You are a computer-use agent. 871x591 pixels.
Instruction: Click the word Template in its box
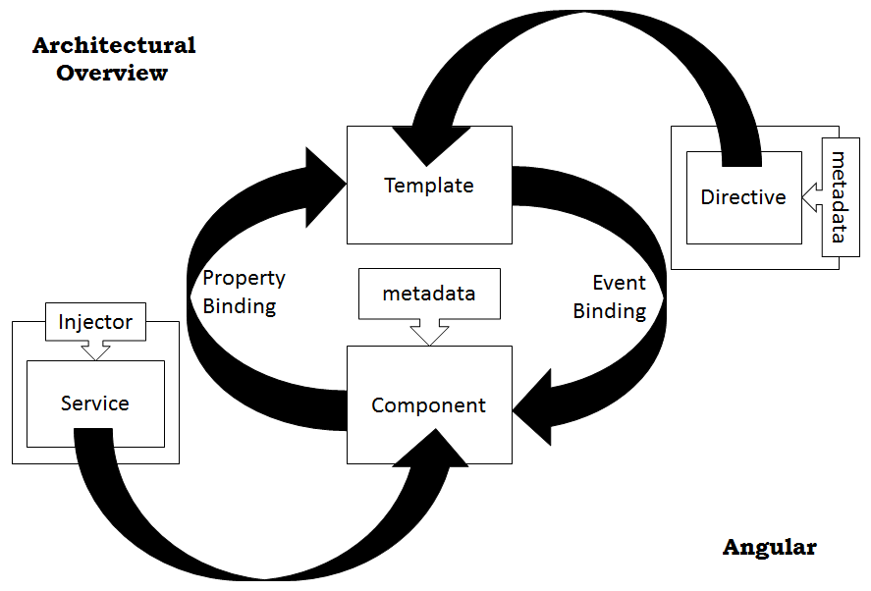click(x=429, y=186)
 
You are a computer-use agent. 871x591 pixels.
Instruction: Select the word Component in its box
click(x=428, y=405)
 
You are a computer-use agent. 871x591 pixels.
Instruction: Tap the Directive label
click(x=743, y=197)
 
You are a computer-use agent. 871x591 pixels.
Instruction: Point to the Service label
click(x=95, y=403)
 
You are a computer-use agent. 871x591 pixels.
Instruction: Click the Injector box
click(x=95, y=322)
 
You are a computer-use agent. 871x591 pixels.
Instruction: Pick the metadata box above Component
click(x=429, y=294)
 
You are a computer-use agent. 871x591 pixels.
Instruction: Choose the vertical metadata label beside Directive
click(x=839, y=197)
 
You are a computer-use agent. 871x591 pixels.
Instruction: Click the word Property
click(x=244, y=278)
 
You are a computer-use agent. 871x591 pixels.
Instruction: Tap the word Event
click(x=619, y=283)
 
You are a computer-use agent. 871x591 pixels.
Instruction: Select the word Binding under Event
click(x=610, y=311)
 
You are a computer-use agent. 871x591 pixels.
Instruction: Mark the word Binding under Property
click(x=240, y=306)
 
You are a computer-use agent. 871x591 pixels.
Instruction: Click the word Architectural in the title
click(x=114, y=45)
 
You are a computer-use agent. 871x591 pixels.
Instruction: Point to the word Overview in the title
click(x=112, y=73)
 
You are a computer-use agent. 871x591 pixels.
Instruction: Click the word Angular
click(x=769, y=548)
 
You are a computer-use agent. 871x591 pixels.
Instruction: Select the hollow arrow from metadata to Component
click(x=429, y=332)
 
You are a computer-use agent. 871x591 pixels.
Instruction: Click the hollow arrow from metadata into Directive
click(x=812, y=197)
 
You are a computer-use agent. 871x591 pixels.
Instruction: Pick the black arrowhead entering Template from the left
click(x=325, y=187)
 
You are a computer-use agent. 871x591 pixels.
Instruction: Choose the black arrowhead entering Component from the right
click(x=531, y=407)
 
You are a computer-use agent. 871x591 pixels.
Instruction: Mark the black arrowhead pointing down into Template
click(x=429, y=145)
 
